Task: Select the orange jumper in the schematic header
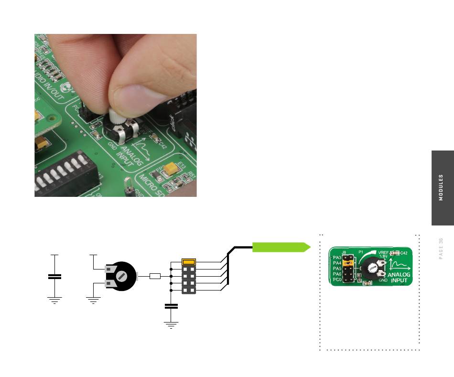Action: tap(189, 262)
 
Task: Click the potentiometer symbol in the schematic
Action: tap(122, 276)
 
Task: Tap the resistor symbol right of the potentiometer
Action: tap(155, 276)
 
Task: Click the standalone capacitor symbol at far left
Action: tap(55, 277)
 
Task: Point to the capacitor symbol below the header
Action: tap(171, 306)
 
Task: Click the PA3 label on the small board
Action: tap(337, 257)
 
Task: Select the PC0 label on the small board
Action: tap(337, 280)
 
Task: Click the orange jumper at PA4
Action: tap(348, 263)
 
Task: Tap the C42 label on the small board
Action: tap(403, 252)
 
